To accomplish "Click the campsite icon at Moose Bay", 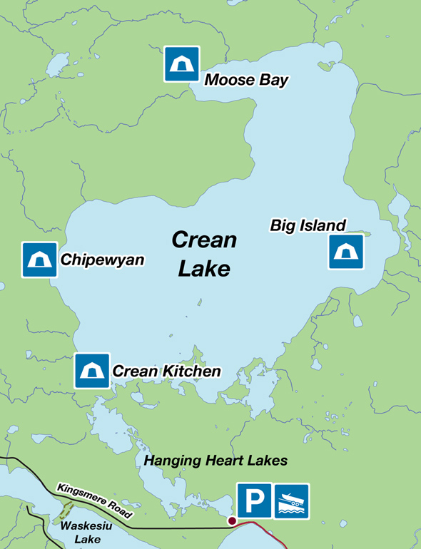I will pos(182,64).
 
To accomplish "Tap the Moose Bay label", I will pos(246,80).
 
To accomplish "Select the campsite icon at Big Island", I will pos(346,252).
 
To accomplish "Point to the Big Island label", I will pos(308,225).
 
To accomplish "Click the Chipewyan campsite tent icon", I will pos(39,260).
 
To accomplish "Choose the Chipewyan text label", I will pos(102,260).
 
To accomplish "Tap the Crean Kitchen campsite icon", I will pos(92,371).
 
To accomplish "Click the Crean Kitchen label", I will pos(166,371).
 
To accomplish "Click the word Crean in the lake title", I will pos(204,240).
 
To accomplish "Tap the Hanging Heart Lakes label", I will pos(215,461).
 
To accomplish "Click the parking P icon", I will pos(254,501).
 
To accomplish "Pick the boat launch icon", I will pos(292,501).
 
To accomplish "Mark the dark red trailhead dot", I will pos(231,522).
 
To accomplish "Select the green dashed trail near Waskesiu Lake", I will pos(66,512).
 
